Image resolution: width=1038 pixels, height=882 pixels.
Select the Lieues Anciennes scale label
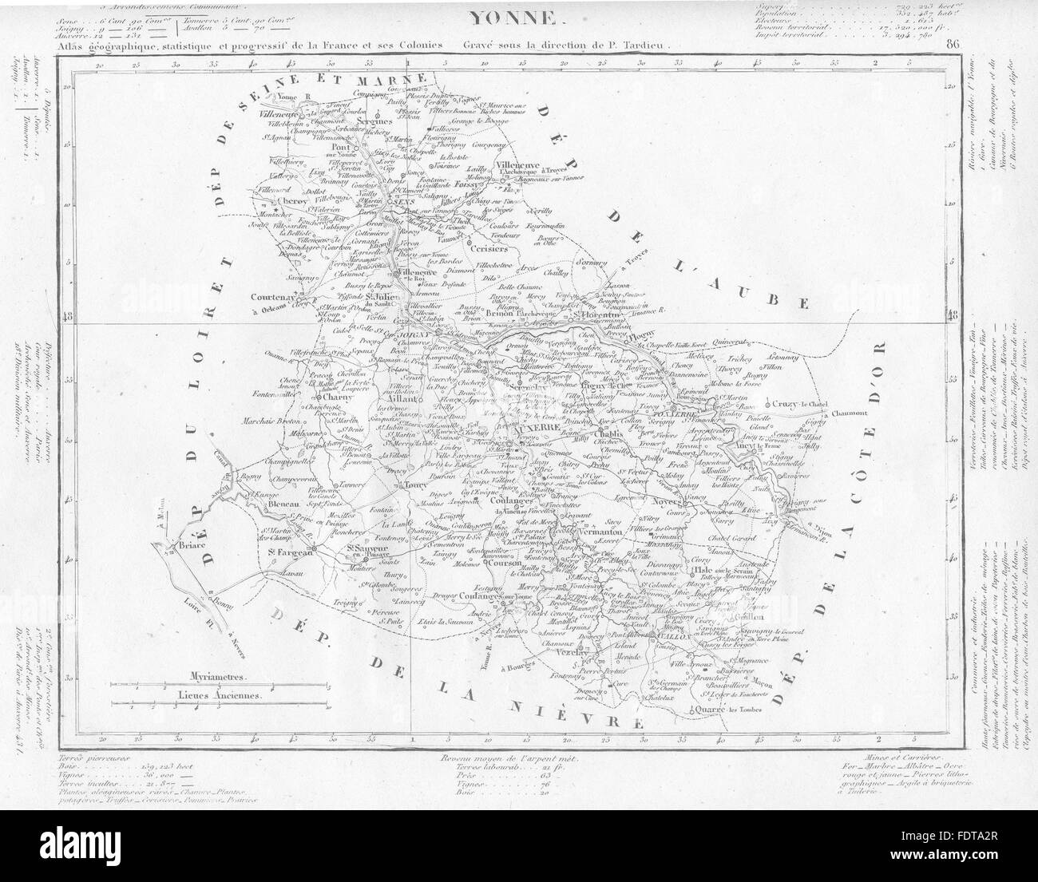click(220, 694)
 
